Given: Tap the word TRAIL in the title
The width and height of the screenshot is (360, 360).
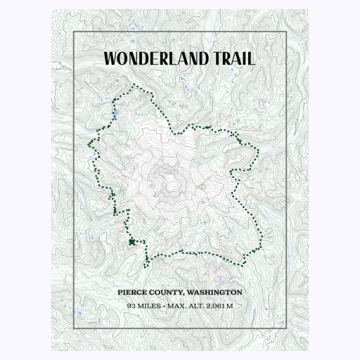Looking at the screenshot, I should point(231,58).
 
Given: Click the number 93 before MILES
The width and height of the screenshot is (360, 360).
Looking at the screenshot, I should point(131,306).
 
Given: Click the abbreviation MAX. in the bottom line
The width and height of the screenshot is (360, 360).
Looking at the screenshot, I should point(176,306).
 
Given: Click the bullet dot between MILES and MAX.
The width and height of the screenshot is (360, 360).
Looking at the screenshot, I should point(163,306).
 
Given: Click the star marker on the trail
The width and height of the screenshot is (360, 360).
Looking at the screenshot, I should point(131,242).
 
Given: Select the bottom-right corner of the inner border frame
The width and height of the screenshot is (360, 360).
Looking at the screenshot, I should point(287,328).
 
